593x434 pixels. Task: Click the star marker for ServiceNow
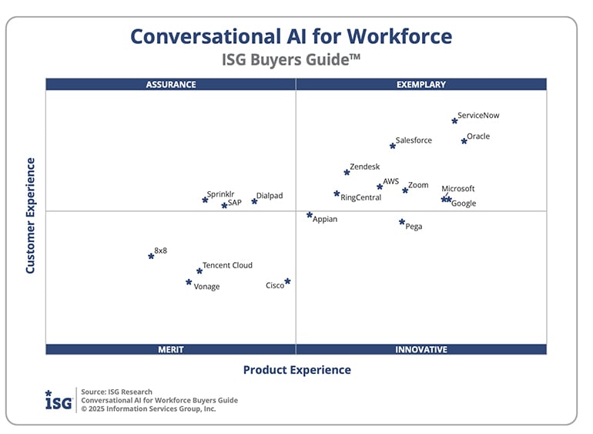pos(454,121)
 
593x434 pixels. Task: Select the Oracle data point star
pos(464,141)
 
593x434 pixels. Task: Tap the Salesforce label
pos(414,140)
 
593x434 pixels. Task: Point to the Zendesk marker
pos(347,173)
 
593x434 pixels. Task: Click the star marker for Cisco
pos(287,281)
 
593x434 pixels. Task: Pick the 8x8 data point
pos(151,256)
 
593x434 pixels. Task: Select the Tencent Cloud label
pos(227,265)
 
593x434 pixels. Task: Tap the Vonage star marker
pos(189,282)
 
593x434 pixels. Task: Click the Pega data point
pos(402,222)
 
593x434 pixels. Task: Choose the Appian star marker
pos(310,215)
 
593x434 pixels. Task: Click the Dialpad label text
pos(270,196)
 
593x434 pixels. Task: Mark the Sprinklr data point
pos(205,200)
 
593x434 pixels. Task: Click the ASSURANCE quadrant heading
pos(171,85)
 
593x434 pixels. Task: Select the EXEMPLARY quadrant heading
pos(420,85)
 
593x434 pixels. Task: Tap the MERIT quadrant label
pos(171,349)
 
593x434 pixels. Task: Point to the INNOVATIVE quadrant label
pos(420,349)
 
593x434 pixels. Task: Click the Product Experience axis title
pos(296,370)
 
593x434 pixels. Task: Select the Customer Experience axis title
pos(31,216)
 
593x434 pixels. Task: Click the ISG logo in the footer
pos(59,400)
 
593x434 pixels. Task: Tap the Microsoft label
pos(458,189)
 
